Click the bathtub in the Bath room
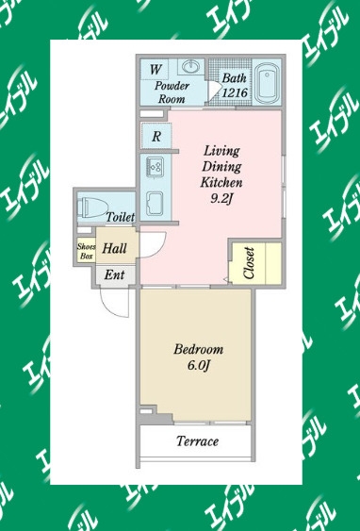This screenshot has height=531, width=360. [267, 83]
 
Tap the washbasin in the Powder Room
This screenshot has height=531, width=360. [190, 66]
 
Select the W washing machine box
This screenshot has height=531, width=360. [155, 70]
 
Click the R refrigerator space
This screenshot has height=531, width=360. [156, 136]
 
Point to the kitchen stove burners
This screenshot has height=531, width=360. [155, 167]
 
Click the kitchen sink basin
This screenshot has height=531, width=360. [155, 204]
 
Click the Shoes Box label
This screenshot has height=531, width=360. [87, 251]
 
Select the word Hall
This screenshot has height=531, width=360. [114, 248]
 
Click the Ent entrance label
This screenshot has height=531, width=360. [114, 274]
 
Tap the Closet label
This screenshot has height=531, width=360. [249, 263]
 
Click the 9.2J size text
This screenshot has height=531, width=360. [221, 199]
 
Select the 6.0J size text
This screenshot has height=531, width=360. [199, 365]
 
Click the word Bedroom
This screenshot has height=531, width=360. [199, 349]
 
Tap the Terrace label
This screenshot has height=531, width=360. [198, 440]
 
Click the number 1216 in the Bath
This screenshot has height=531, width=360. [235, 92]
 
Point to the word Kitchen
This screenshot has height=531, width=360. [221, 182]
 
